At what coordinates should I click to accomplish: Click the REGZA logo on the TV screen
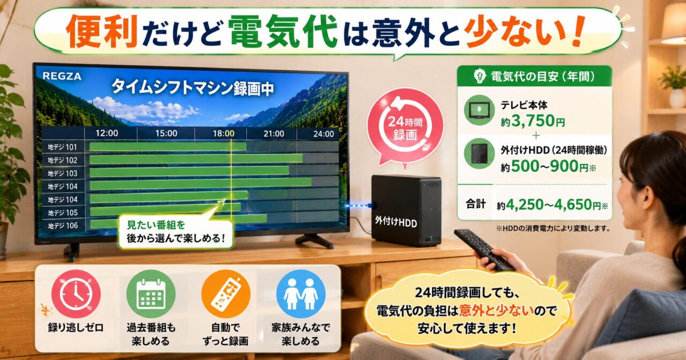point(62,76)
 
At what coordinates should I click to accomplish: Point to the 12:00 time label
point(107,133)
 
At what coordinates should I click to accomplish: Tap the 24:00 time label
point(323,134)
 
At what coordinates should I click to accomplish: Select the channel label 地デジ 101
point(62,147)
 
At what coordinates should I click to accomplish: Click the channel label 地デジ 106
point(63,226)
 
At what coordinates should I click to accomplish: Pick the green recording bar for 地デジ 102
point(196,159)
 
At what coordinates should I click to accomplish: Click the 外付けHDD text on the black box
point(396,221)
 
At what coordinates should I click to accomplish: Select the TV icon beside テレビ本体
point(479,110)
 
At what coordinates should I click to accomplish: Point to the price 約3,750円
point(533,121)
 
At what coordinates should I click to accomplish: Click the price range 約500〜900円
point(548,167)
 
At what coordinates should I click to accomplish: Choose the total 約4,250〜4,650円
point(552,205)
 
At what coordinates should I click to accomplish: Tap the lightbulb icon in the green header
point(480,76)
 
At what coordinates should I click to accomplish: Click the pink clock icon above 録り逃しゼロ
point(76,294)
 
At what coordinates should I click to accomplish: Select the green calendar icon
point(151,294)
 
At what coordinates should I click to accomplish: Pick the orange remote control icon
point(226,294)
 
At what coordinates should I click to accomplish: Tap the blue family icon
point(301,294)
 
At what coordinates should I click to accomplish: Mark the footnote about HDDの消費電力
point(553,228)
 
